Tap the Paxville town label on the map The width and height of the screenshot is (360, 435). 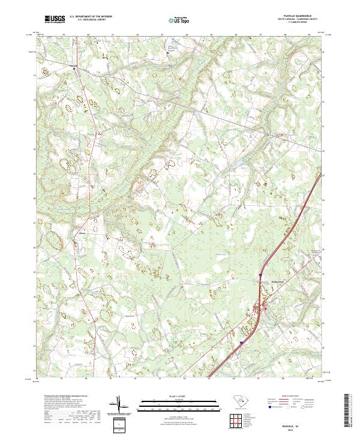(74, 65)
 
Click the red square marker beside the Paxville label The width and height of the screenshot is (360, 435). (74, 69)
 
